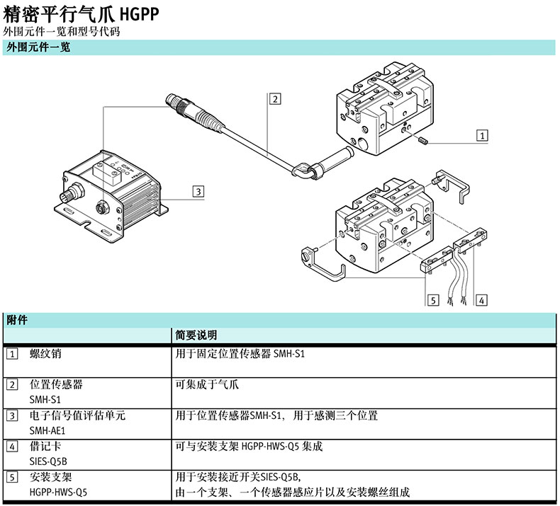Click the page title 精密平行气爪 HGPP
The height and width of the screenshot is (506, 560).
click(x=82, y=13)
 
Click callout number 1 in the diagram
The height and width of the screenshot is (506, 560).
click(x=481, y=134)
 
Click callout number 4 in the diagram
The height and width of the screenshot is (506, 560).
click(x=481, y=300)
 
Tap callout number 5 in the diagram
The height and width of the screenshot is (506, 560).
click(x=433, y=300)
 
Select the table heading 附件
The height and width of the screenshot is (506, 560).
click(x=17, y=320)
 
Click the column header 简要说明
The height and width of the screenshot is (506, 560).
click(x=196, y=335)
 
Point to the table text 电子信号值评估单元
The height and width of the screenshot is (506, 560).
click(x=77, y=415)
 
